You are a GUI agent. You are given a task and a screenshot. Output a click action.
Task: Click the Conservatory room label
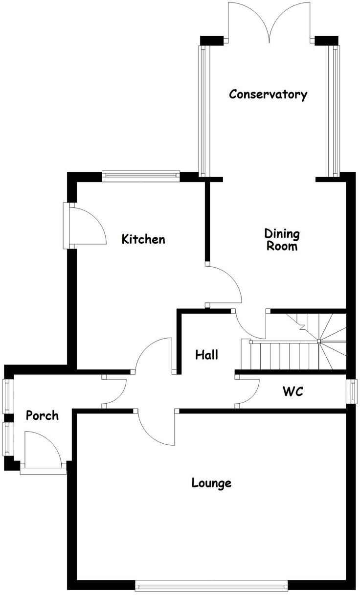[x=268, y=94]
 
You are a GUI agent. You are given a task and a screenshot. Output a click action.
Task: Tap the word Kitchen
[x=143, y=239]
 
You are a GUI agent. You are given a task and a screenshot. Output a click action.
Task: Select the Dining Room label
[x=282, y=240]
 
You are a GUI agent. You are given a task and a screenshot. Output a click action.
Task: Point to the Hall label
[x=206, y=355]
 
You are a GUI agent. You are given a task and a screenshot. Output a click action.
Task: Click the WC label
[x=292, y=391]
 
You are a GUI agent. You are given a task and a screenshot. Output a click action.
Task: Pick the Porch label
[x=42, y=416]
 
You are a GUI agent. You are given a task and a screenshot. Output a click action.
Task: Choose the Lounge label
[x=211, y=483]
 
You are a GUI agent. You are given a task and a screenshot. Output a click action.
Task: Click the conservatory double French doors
[x=269, y=24]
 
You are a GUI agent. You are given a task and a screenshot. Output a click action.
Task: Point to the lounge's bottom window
[x=211, y=585]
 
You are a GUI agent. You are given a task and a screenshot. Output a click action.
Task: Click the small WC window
[x=352, y=391]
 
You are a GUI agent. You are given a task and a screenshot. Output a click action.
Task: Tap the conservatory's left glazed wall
[x=202, y=112]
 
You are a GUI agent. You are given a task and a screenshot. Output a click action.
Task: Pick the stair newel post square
[x=318, y=341]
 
